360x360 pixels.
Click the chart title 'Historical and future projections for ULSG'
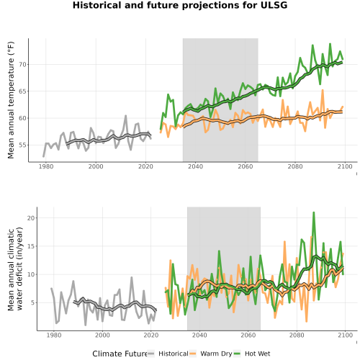pyautogui.click(x=180, y=5)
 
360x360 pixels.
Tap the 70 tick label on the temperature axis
pyautogui.click(x=22, y=65)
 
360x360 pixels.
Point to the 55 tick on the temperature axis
pyautogui.click(x=22, y=145)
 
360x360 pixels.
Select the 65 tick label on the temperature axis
pyautogui.click(x=22, y=91)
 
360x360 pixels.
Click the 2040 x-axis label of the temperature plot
pyautogui.click(x=195, y=166)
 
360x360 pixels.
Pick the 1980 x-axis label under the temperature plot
pyautogui.click(x=46, y=166)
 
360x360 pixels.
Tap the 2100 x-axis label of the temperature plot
pyautogui.click(x=345, y=166)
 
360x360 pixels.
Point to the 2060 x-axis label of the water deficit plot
pyautogui.click(x=248, y=335)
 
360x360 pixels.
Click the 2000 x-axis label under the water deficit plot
pyautogui.click(x=102, y=335)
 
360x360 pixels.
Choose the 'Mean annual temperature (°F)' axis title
pyautogui.click(x=11, y=100)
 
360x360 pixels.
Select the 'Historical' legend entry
pyautogui.click(x=174, y=354)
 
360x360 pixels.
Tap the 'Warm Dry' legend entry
pyautogui.click(x=216, y=354)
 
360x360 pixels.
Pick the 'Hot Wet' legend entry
pyautogui.click(x=257, y=354)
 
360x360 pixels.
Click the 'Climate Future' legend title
pyautogui.click(x=120, y=354)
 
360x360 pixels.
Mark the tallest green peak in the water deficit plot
pyautogui.click(x=313, y=212)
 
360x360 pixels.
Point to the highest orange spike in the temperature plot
pyautogui.click(x=323, y=90)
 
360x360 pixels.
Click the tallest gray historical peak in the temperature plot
pyautogui.click(x=125, y=116)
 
